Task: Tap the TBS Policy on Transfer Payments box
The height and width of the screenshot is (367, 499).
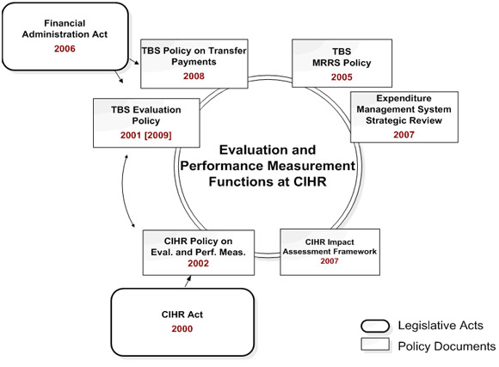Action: [x=194, y=63]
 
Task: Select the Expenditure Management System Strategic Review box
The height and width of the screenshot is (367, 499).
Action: [x=397, y=117]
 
